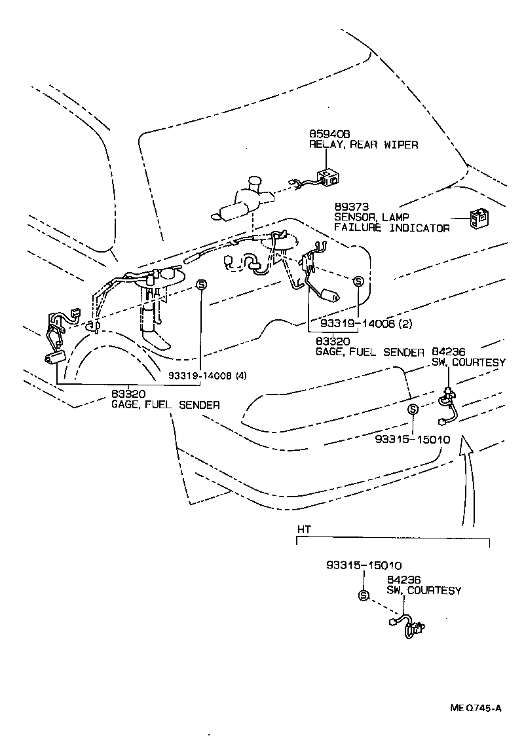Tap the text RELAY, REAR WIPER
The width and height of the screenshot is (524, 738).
363,145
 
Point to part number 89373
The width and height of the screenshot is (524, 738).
348,207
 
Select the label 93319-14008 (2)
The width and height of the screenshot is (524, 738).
365,323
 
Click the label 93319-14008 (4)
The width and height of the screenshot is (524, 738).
207,375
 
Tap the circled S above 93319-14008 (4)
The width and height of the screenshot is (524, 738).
202,285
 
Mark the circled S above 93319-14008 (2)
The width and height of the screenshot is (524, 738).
358,281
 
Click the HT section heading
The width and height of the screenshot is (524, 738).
304,529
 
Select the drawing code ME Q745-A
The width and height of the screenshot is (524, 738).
476,707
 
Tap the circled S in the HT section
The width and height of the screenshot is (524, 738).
365,595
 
